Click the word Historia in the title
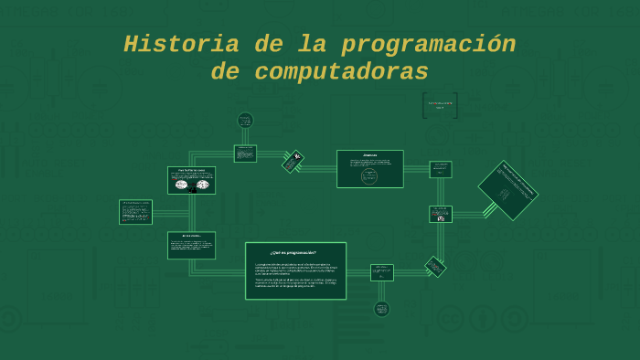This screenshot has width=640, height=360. click(x=169, y=44)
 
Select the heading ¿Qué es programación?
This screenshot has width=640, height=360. click(x=293, y=252)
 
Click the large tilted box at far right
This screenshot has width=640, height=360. click(x=507, y=190)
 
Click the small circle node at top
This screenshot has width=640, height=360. click(x=245, y=120)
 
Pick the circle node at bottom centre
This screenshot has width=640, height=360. click(x=381, y=309)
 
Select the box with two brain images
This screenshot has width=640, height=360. click(x=191, y=180)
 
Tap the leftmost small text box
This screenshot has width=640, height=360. click(x=135, y=212)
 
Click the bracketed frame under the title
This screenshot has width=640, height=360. click(x=440, y=106)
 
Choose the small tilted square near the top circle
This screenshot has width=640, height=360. click(x=293, y=162)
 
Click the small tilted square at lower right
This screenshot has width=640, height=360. click(x=435, y=267)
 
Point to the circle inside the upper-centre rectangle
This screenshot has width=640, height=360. click(x=369, y=176)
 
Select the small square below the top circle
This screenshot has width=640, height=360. click(x=245, y=153)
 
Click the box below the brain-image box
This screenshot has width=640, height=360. click(x=191, y=245)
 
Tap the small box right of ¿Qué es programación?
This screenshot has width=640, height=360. click(x=381, y=272)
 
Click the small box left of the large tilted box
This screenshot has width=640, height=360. click(x=441, y=214)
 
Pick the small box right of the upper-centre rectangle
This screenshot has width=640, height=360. click(x=441, y=169)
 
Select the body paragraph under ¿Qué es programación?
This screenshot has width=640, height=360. click(x=295, y=275)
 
